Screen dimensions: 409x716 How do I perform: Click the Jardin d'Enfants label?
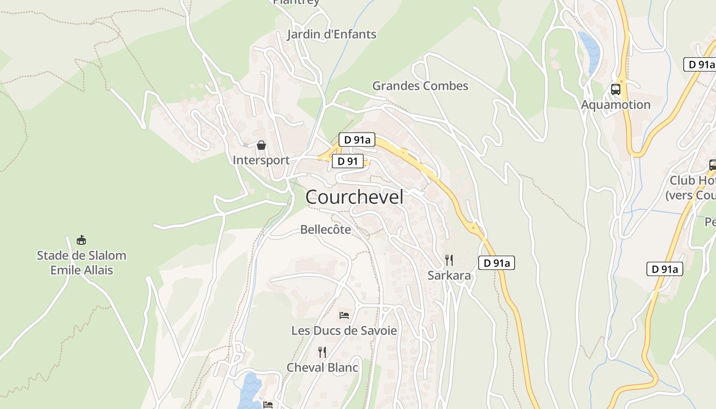pyautogui.click(x=331, y=34)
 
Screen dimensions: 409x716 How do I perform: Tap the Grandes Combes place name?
pyautogui.click(x=420, y=85)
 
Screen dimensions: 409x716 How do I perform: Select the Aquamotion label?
pyautogui.click(x=616, y=104)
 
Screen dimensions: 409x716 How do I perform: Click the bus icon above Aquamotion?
pyautogui.click(x=616, y=89)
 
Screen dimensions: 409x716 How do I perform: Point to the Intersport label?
pyautogui.click(x=261, y=160)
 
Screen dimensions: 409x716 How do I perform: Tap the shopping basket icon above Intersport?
pyautogui.click(x=261, y=145)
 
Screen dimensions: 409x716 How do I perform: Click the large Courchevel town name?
pyautogui.click(x=354, y=197)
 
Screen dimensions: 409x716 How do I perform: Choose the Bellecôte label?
pyautogui.click(x=326, y=230)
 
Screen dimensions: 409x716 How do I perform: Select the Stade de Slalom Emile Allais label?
pyautogui.click(x=81, y=262)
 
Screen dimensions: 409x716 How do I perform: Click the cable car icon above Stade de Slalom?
pyautogui.click(x=81, y=240)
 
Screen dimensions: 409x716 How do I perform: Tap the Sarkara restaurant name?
pyautogui.click(x=449, y=276)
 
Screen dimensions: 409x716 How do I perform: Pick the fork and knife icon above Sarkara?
pyautogui.click(x=449, y=260)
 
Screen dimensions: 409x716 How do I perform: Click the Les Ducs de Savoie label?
pyautogui.click(x=344, y=330)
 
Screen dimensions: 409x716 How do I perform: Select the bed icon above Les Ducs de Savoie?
pyautogui.click(x=344, y=315)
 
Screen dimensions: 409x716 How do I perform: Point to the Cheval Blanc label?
pyautogui.click(x=322, y=367)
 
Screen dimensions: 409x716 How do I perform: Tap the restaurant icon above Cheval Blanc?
pyautogui.click(x=322, y=352)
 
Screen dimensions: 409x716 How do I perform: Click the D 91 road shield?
pyautogui.click(x=348, y=162)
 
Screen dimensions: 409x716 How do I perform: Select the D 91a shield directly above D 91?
pyautogui.click(x=357, y=140)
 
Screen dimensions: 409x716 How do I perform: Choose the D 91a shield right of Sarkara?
pyautogui.click(x=496, y=263)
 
